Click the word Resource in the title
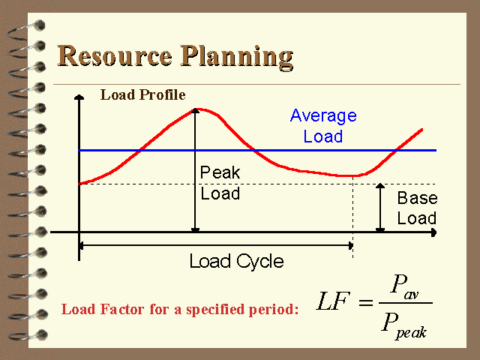115,56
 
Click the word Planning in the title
236,58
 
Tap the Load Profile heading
143,95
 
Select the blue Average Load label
323,126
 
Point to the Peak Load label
220,183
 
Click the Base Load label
417,208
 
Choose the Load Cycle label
237,262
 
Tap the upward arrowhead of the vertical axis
79,97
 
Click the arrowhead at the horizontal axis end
433,232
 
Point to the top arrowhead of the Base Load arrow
380,185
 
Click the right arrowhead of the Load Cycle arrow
350,245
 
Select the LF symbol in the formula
333,301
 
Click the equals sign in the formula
366,303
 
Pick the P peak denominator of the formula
404,326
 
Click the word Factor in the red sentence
122,309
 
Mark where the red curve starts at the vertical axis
79,184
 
